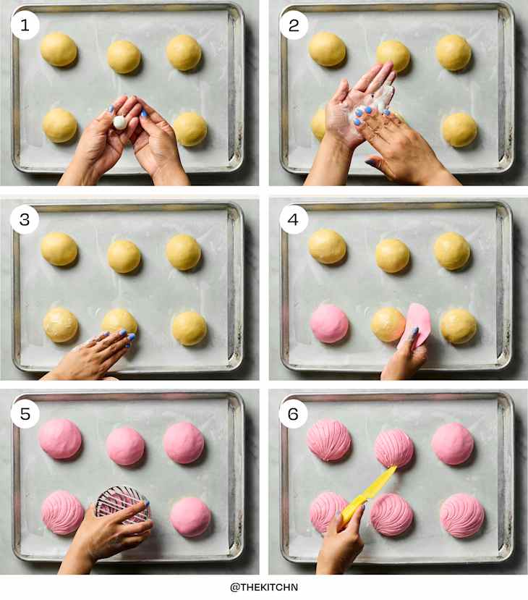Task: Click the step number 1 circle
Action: [25, 25]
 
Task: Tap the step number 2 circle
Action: [294, 25]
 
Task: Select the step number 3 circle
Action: [25, 220]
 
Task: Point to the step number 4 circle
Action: [294, 220]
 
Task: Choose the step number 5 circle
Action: [25, 413]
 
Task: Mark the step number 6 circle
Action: [294, 413]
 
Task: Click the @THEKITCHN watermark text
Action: [264, 587]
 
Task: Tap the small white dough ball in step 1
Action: [120, 123]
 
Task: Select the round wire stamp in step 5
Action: [123, 504]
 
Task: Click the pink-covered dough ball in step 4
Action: [329, 323]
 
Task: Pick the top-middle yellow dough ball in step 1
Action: [124, 56]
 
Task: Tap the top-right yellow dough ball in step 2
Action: [454, 52]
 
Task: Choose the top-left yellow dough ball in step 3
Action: [59, 249]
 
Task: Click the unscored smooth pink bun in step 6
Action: [453, 443]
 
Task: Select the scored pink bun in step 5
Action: [63, 512]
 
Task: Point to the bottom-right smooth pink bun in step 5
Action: [191, 516]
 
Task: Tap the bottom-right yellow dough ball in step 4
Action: [459, 326]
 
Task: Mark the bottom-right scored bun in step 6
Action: [462, 515]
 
